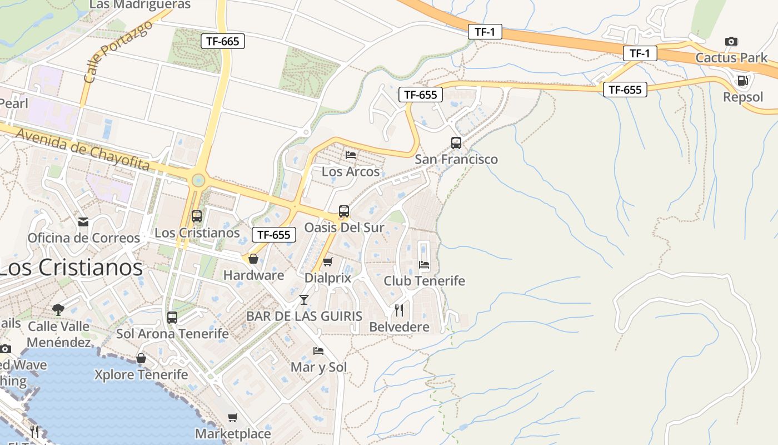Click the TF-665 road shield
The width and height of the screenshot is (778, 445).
(222, 41)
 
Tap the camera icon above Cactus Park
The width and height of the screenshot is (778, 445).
(731, 41)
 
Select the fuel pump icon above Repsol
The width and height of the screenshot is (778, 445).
(742, 81)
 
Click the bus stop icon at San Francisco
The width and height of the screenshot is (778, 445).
(456, 143)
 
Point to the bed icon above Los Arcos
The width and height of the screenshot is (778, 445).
(351, 155)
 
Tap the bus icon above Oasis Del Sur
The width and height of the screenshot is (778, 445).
(344, 211)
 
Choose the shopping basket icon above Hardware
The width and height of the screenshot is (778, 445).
(253, 259)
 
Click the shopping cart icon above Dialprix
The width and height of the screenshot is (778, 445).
(328, 261)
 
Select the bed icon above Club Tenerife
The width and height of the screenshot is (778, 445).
(424, 265)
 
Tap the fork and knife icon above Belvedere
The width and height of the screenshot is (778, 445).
(399, 310)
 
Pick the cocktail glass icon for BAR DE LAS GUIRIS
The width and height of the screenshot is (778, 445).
(303, 300)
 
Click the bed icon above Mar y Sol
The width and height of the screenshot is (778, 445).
(318, 350)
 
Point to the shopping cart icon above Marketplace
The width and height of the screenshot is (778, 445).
(233, 417)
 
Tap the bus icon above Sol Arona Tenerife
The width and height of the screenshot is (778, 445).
(172, 318)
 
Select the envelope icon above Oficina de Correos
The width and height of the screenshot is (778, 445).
(83, 222)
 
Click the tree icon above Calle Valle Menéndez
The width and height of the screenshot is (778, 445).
(58, 309)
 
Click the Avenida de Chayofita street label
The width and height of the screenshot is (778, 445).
(83, 149)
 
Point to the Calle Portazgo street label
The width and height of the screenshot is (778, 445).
(117, 52)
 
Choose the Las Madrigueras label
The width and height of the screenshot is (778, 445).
(139, 5)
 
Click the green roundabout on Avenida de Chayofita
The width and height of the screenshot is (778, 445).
(198, 180)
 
